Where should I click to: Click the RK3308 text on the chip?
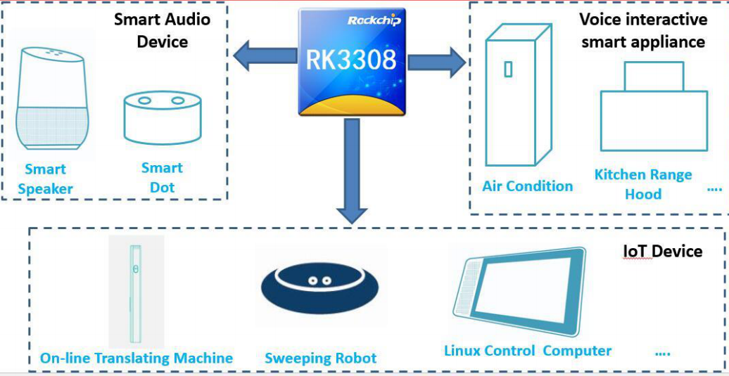[x=351, y=60]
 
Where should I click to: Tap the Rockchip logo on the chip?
[x=374, y=20]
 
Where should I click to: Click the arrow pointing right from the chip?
[x=437, y=62]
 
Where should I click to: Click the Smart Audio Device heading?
[x=163, y=30]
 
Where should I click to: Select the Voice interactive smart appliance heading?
[x=642, y=30]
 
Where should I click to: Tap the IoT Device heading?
[x=662, y=251]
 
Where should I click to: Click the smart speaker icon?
[x=53, y=98]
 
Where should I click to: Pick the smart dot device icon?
[x=162, y=118]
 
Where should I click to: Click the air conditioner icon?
[x=517, y=94]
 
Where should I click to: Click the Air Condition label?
[x=527, y=186]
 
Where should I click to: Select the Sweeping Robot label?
[x=320, y=358]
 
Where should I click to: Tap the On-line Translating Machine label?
[x=136, y=358]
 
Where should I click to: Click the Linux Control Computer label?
[x=527, y=351]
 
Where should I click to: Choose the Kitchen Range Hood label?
[x=643, y=184]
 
